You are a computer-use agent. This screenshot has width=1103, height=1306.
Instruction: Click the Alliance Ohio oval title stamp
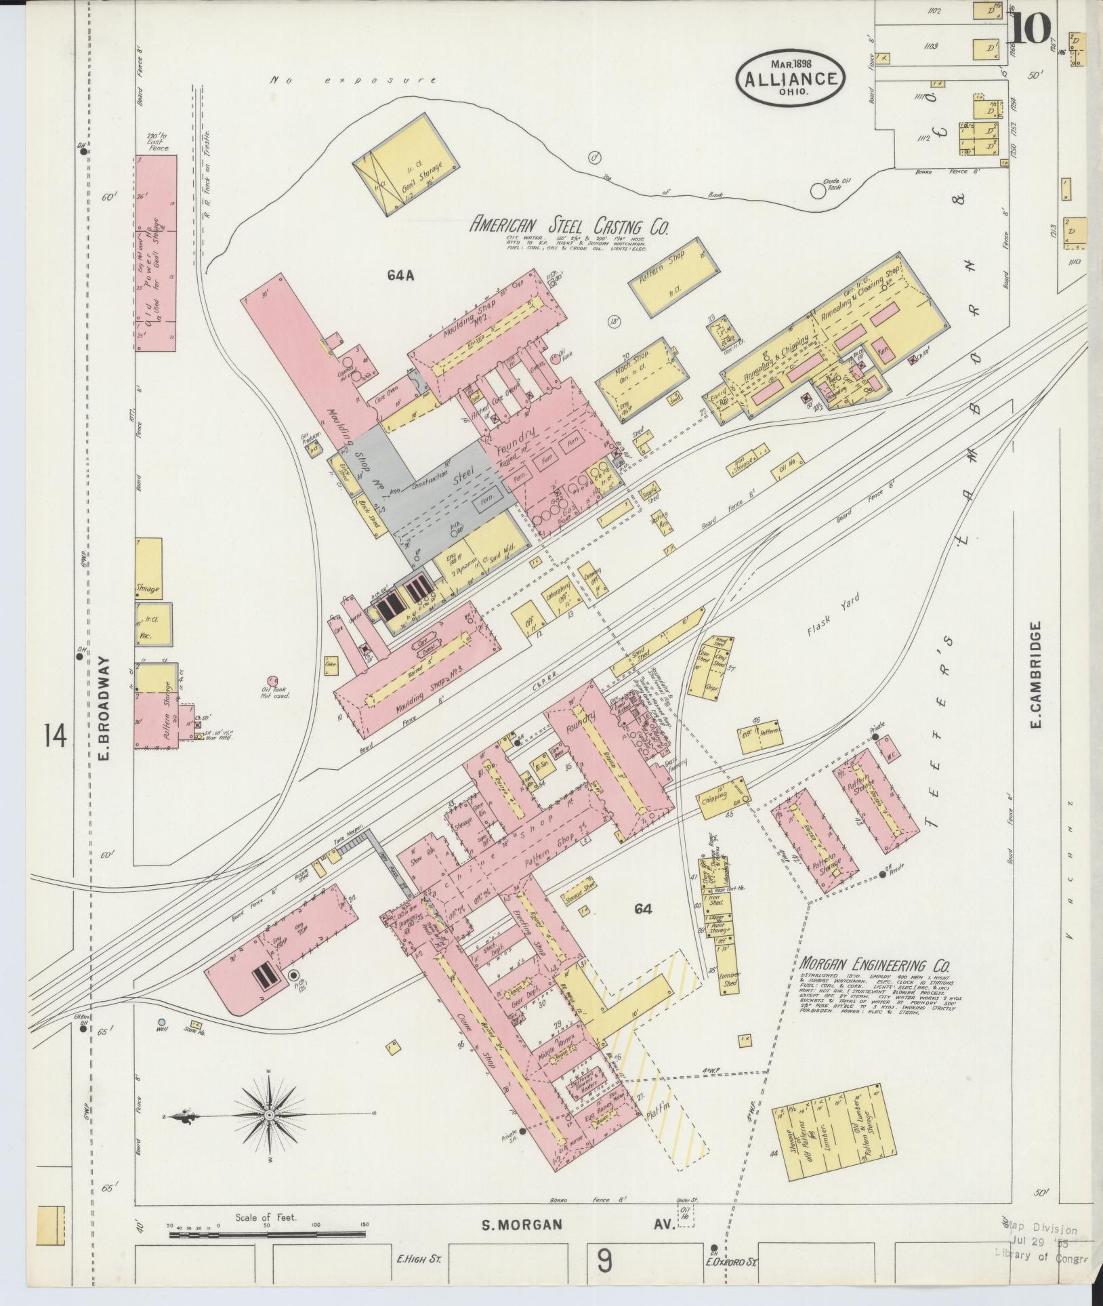pyautogui.click(x=791, y=77)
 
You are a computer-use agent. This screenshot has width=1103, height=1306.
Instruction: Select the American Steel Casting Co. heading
pyautogui.click(x=569, y=226)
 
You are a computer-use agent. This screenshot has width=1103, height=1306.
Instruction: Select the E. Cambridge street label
pyautogui.click(x=1034, y=678)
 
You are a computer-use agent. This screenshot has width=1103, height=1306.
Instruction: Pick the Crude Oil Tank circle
pyautogui.click(x=818, y=191)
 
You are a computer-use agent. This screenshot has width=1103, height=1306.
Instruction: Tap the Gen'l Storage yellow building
pyautogui.click(x=405, y=167)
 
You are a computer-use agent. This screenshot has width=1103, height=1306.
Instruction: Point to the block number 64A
pyautogui.click(x=400, y=274)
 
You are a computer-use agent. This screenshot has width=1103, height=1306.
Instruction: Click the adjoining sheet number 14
pyautogui.click(x=55, y=735)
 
